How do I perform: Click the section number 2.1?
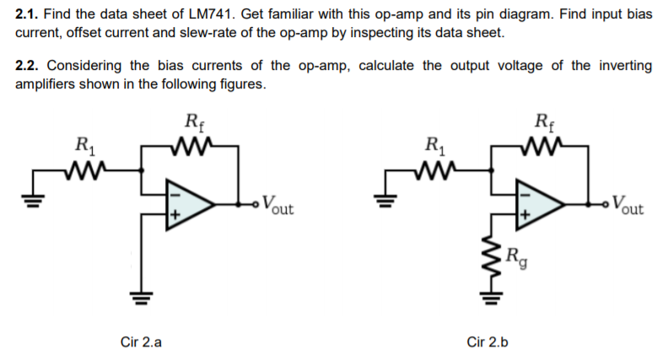tap(28, 15)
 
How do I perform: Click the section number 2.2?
tap(28, 66)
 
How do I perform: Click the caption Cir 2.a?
tap(141, 342)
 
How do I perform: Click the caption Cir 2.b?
tap(488, 342)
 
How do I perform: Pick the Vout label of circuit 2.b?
tap(628, 204)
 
